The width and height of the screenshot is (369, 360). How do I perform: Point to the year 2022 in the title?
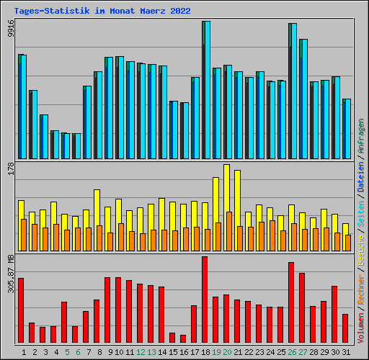(180, 11)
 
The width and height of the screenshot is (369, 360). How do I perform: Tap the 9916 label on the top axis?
(11, 28)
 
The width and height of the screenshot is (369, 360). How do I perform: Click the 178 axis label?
(11, 168)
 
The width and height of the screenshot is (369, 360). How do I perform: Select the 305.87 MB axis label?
(11, 274)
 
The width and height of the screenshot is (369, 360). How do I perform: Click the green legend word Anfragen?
(361, 136)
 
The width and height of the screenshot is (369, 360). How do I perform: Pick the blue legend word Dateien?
(361, 176)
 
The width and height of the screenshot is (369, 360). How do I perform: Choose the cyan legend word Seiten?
(361, 214)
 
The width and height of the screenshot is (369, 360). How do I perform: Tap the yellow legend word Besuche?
(361, 250)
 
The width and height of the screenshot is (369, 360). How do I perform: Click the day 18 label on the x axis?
(205, 352)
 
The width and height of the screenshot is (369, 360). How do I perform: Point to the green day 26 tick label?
(292, 352)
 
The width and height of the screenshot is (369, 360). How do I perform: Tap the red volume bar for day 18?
(205, 300)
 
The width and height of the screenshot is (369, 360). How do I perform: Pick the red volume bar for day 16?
(183, 338)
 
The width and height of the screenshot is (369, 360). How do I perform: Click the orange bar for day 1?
(24, 235)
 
